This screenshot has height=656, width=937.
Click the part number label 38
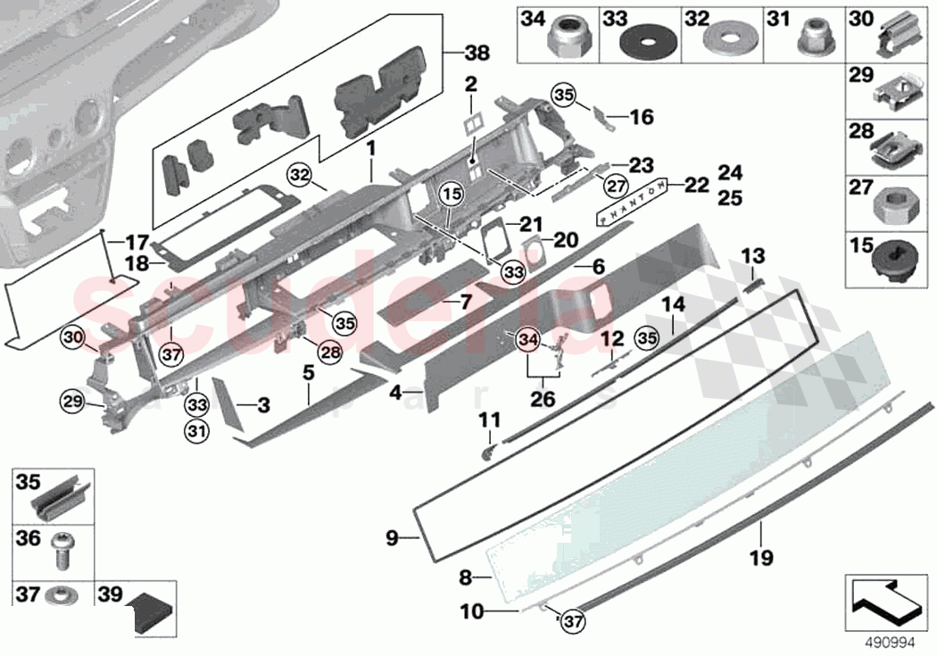pos(477,54)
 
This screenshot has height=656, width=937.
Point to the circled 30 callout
pos(73,337)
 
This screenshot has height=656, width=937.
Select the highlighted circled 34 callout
pos(528,339)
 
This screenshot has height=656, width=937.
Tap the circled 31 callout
pos(195,433)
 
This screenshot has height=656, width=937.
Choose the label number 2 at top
pos(470,85)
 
